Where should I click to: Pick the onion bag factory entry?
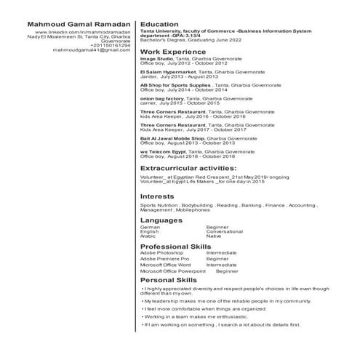161,98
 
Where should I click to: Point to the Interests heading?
157,196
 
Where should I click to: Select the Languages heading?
161,219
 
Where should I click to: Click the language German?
150,227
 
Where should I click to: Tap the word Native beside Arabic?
214,236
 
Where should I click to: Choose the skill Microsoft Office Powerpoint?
173,271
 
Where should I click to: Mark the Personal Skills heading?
168,280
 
